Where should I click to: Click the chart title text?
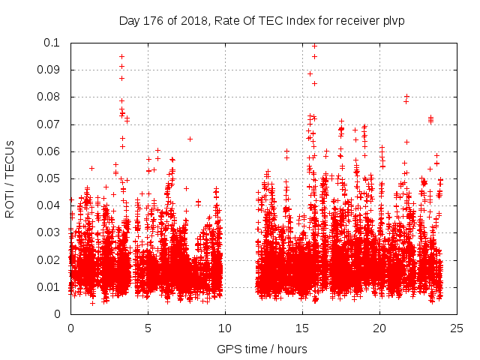pos(262,20)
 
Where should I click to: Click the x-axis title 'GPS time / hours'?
pos(262,349)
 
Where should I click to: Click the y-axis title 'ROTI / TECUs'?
pos(10,178)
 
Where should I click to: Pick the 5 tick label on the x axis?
pos(148,328)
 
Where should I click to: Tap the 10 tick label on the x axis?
pos(225,328)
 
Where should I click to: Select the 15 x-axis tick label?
pos(302,328)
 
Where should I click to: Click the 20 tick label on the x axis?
pos(379,328)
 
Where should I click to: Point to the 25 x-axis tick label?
pos(457,328)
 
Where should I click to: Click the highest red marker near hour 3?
pos(121,56)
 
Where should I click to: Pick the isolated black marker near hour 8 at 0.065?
pos(190,139)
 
